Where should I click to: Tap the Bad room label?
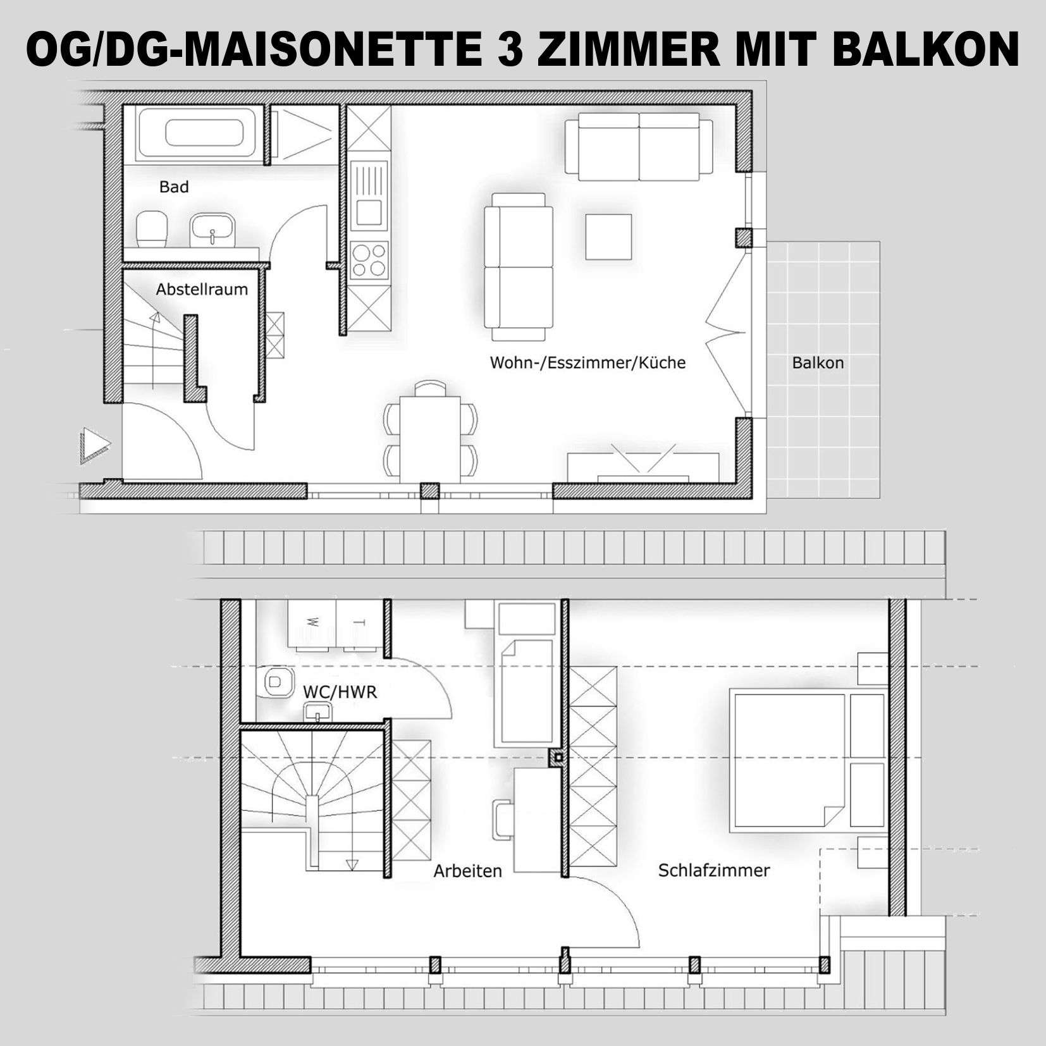174,187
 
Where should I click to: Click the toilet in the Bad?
152,229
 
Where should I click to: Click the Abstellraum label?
202,290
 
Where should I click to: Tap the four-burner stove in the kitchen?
369,261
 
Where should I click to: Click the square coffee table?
608,237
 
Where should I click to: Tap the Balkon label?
818,363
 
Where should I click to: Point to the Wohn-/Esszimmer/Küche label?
588,363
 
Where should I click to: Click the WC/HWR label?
340,692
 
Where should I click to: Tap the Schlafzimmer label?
714,871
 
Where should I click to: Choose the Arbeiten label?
467,871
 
